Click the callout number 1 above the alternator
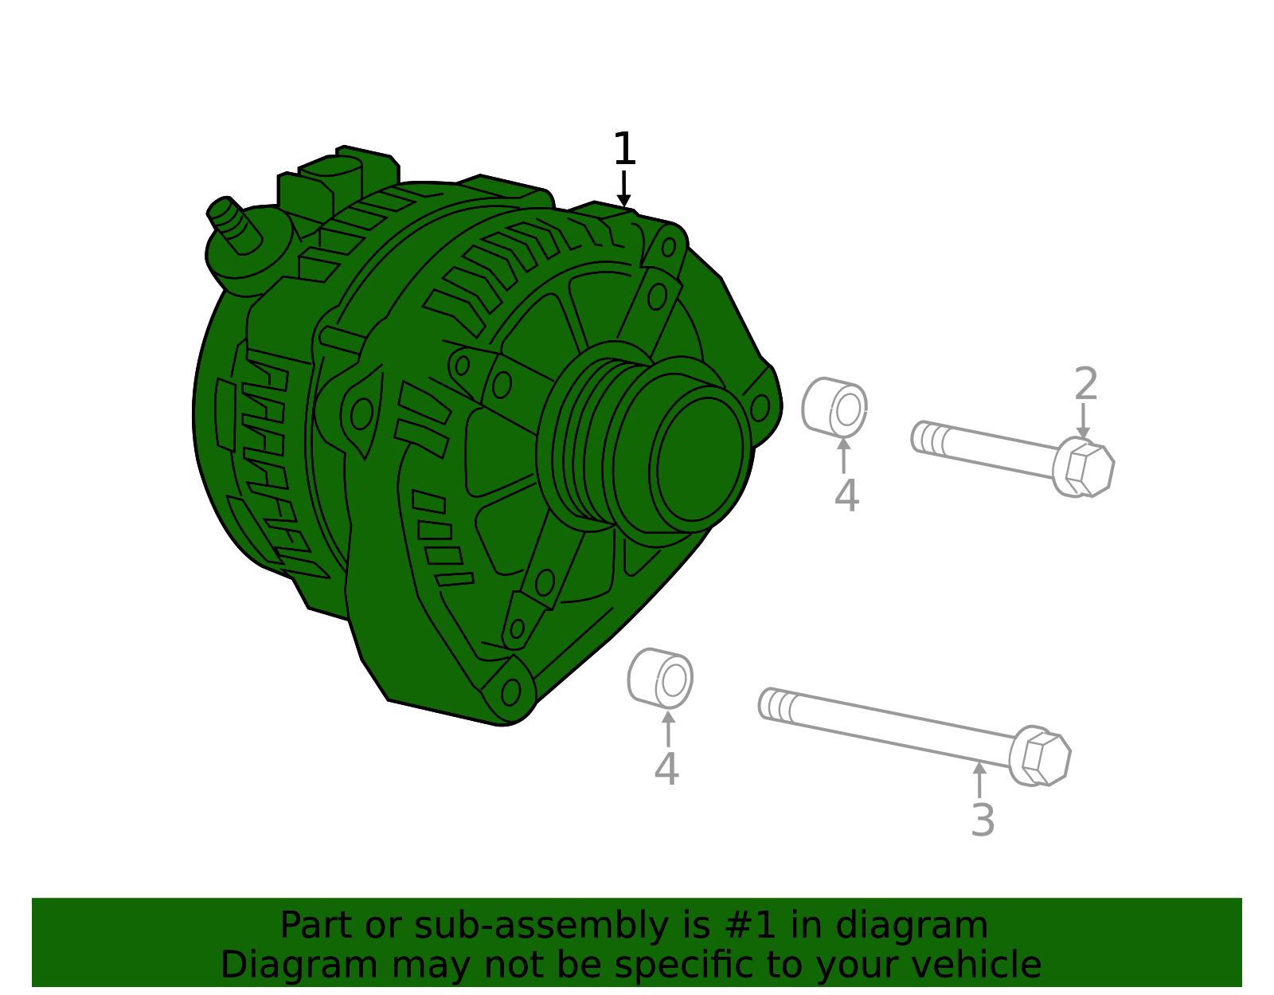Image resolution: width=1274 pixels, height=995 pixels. (x=624, y=149)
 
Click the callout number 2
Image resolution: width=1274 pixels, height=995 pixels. (x=1085, y=385)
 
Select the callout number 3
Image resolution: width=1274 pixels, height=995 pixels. (x=983, y=821)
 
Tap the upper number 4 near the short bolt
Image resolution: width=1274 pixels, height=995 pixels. (x=846, y=496)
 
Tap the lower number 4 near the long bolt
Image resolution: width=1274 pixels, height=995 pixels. (x=666, y=770)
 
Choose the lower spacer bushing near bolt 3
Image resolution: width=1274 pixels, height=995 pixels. (x=660, y=679)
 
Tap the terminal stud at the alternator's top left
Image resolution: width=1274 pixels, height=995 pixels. (x=233, y=225)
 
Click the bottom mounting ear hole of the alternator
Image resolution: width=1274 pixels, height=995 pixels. (x=510, y=692)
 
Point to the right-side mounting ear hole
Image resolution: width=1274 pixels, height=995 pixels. (x=760, y=408)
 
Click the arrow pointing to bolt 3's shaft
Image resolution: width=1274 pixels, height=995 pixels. (x=979, y=779)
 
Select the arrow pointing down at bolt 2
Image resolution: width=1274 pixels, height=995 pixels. (x=1083, y=421)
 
